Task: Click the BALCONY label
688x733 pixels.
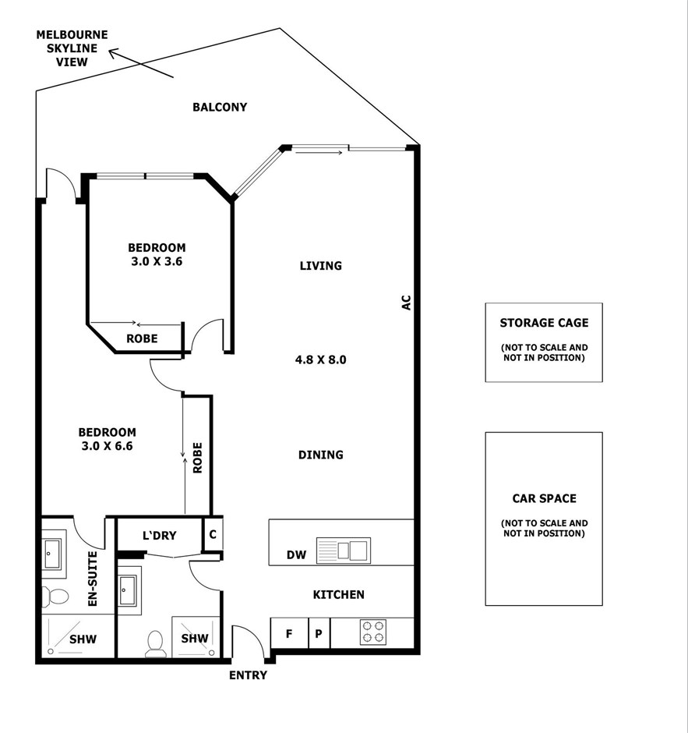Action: (x=220, y=107)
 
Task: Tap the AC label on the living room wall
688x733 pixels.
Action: (x=407, y=302)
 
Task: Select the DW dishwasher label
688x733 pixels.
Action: (x=296, y=555)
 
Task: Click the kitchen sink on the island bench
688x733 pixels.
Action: (x=344, y=551)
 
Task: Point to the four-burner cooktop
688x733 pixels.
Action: (x=373, y=632)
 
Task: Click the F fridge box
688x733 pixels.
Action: (x=290, y=633)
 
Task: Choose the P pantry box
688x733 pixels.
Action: (x=319, y=633)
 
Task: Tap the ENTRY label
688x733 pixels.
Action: (x=248, y=675)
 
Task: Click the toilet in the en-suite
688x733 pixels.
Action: (x=55, y=596)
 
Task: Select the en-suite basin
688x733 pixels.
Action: (x=52, y=554)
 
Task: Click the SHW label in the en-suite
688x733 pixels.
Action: (x=83, y=639)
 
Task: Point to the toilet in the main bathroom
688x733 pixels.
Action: (x=154, y=643)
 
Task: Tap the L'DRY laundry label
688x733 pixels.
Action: (x=159, y=535)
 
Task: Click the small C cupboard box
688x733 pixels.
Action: (x=213, y=534)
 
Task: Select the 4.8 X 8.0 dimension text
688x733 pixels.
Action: (x=321, y=360)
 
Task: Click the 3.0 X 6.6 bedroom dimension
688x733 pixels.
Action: (x=107, y=446)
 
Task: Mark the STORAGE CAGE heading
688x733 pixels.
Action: (x=544, y=323)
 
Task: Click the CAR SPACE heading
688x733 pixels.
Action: (x=544, y=498)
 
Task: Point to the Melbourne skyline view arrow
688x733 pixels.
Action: (x=141, y=63)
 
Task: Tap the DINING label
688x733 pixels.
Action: (x=321, y=455)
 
